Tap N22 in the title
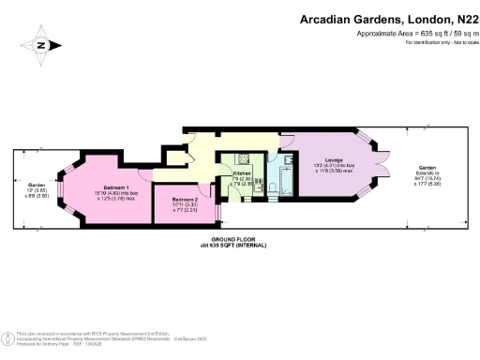tap(458, 18)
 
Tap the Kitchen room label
tap(242, 173)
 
